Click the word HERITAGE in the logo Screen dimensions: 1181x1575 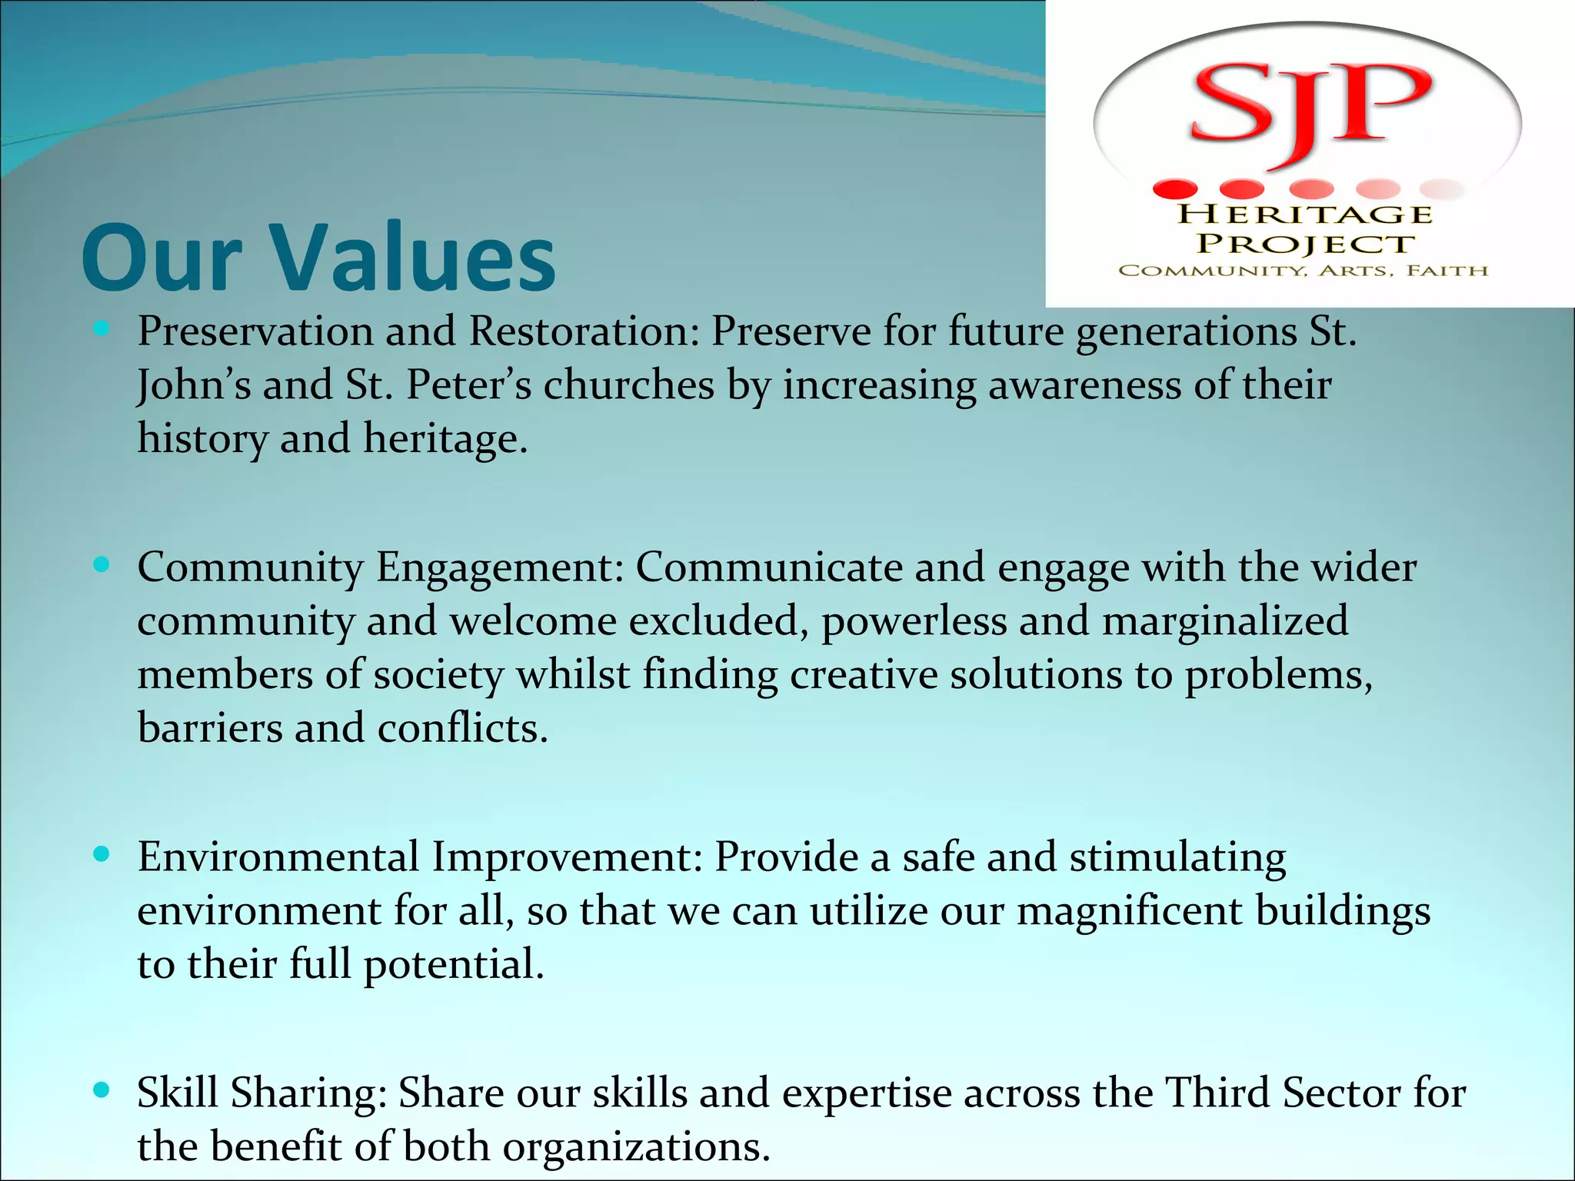tap(1305, 215)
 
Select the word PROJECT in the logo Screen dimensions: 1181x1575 tap(1305, 244)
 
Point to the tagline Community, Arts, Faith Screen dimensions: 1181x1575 tap(1304, 271)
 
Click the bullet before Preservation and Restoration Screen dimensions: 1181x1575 tap(102, 330)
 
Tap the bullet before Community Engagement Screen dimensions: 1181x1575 tap(102, 566)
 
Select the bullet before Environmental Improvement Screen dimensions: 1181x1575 tap(102, 854)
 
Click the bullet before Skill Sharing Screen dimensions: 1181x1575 tap(102, 1090)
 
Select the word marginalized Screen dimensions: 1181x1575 tap(1225, 621)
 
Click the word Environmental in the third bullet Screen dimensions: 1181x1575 tap(278, 857)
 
